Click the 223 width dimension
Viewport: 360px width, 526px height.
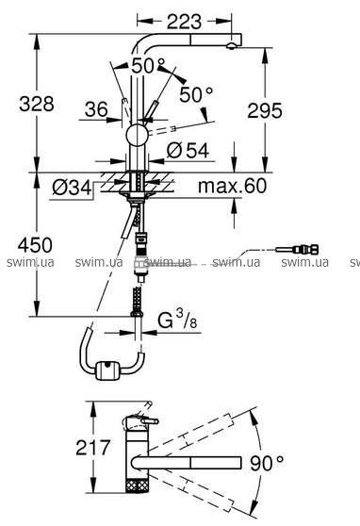(x=184, y=22)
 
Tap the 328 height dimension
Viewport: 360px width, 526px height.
(x=37, y=104)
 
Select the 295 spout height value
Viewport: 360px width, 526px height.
(x=265, y=110)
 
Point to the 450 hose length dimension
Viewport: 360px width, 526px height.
(x=35, y=245)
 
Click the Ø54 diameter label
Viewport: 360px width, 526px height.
(x=188, y=150)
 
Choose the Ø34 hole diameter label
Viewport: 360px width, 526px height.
(x=72, y=188)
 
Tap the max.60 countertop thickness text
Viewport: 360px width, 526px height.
(x=233, y=186)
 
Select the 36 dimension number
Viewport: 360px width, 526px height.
(x=96, y=109)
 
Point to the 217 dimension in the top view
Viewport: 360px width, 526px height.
(x=93, y=447)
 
